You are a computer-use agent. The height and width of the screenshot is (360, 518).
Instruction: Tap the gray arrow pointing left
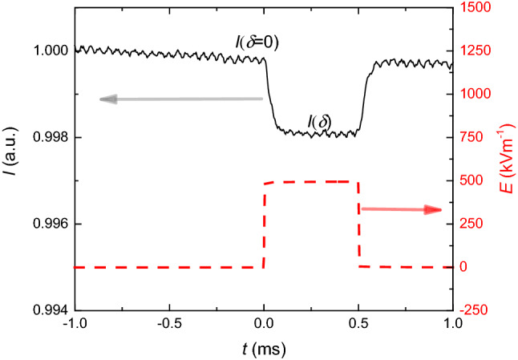pos(181,99)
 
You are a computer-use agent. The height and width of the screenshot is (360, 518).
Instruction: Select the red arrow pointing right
pos(401,209)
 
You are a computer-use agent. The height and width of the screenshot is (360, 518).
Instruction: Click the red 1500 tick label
pos(476,7)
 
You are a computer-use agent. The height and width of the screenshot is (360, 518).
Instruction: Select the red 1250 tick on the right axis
pos(476,51)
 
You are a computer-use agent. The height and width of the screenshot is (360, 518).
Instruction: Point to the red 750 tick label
pos(473,137)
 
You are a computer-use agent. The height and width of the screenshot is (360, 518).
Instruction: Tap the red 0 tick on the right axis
pos(464,267)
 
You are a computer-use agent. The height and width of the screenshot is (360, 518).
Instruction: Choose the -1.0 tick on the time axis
pos(74,324)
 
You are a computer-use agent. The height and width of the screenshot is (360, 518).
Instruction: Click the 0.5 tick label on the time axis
pos(358,324)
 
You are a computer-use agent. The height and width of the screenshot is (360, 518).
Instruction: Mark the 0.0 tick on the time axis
pos(264,324)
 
